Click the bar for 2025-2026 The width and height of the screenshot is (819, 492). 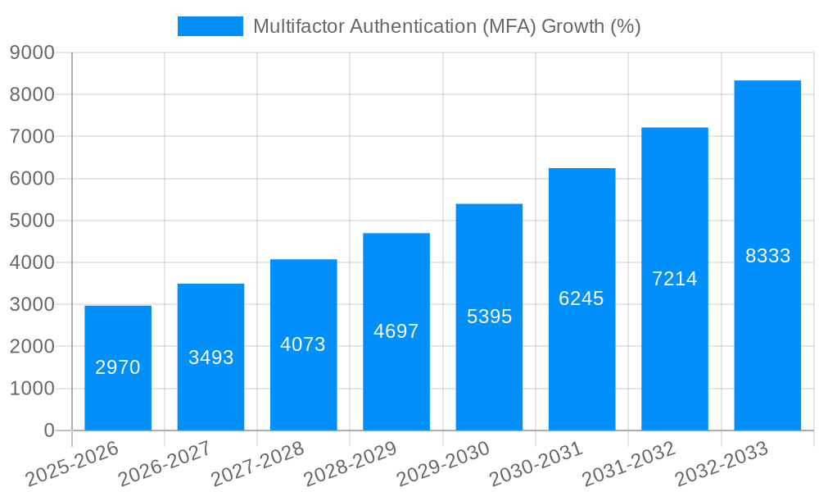pos(118,368)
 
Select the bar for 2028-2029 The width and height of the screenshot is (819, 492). pos(396,331)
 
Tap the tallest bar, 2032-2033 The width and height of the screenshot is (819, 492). pos(767,255)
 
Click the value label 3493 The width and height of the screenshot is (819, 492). pos(210,358)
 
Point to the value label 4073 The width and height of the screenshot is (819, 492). pos(303,344)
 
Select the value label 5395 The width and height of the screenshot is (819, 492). pos(489,317)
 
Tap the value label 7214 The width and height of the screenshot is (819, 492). pos(675,279)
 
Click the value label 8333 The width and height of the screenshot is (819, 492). pos(767,256)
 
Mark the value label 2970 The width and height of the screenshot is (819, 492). pos(118,367)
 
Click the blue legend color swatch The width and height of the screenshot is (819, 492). pos(210,26)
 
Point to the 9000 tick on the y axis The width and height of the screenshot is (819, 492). pos(32,53)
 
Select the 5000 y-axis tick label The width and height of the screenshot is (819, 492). pos(32,221)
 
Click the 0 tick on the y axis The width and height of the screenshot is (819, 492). pos(48,430)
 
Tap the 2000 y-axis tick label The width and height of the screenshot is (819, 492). pos(32,347)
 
